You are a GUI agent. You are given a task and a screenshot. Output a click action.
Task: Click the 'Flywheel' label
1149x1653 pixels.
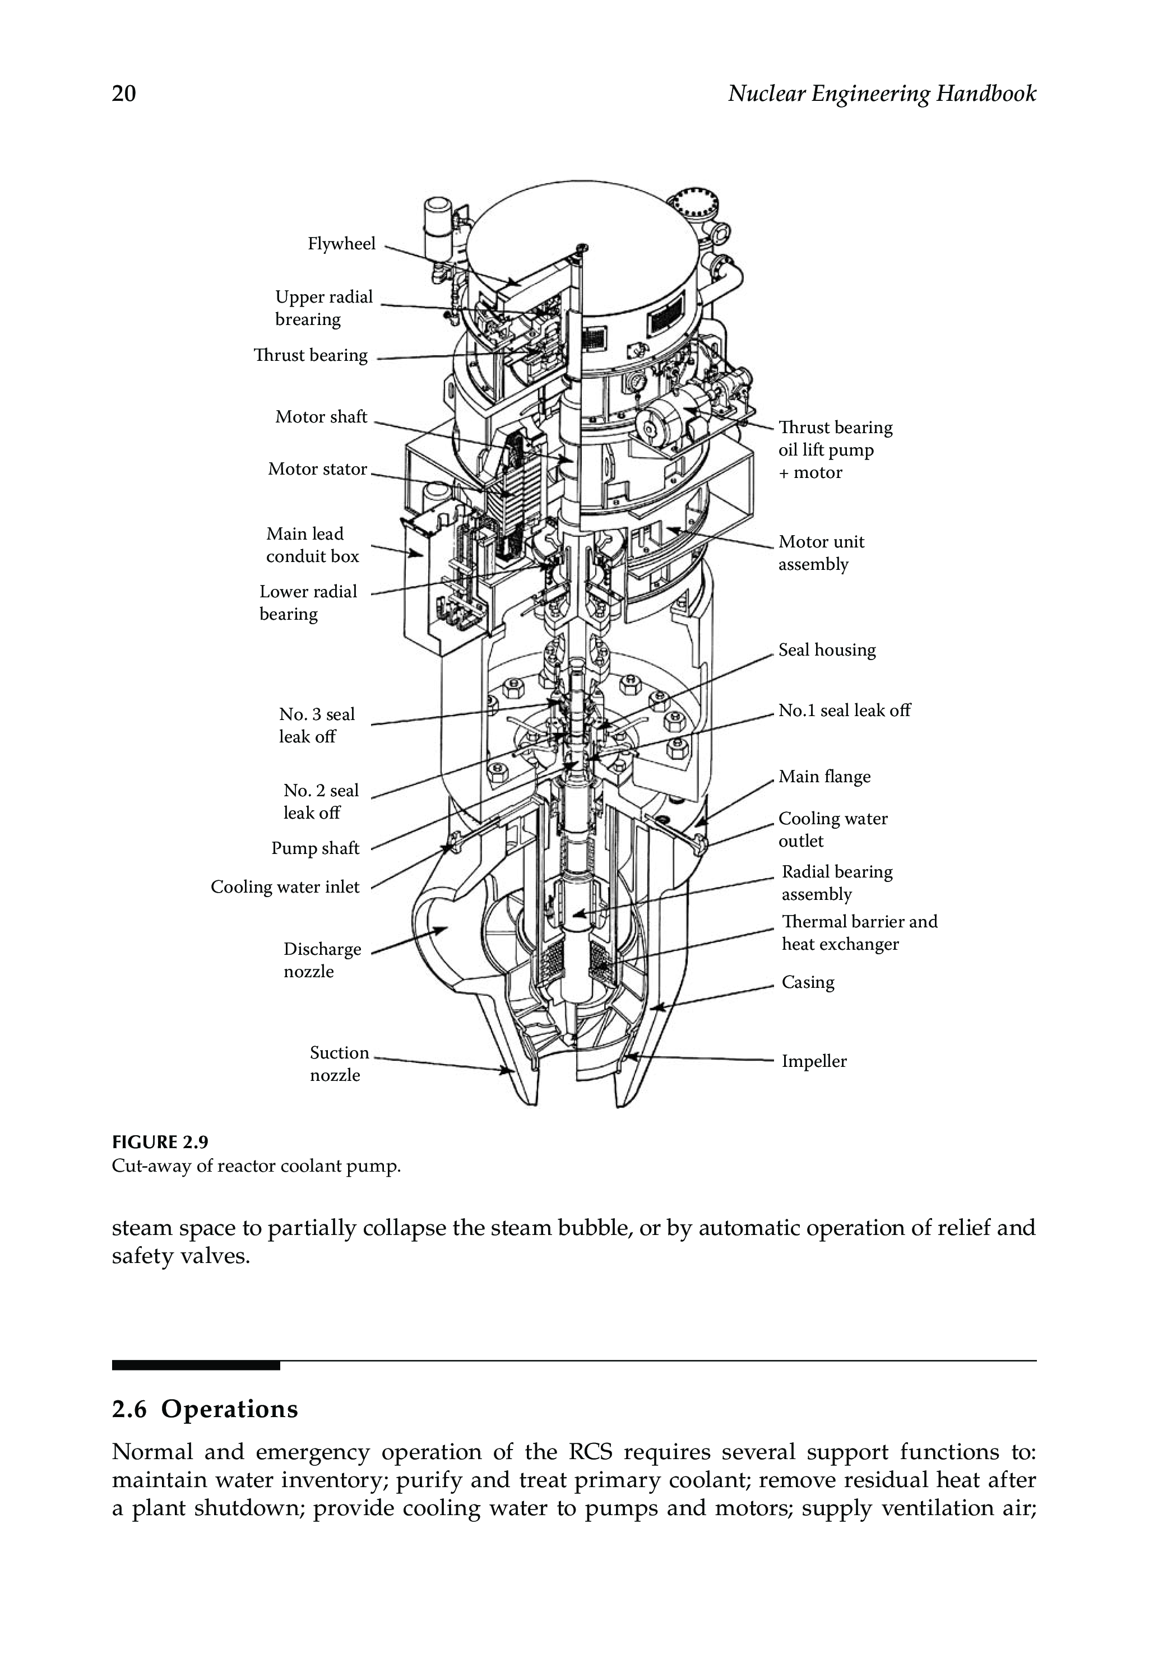tap(341, 244)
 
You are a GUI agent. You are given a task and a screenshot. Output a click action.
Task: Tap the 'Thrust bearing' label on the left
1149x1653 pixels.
tap(311, 355)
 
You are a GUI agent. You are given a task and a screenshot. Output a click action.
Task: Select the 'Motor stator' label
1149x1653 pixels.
tap(317, 469)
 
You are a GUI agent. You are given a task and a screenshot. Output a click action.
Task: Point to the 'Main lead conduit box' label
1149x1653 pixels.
tap(312, 545)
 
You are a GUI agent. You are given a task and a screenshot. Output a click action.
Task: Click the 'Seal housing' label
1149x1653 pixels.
tap(827, 650)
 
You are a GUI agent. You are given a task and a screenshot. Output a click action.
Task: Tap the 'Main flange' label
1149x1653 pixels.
tap(824, 777)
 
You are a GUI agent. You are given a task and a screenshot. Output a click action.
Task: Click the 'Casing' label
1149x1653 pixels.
tap(808, 982)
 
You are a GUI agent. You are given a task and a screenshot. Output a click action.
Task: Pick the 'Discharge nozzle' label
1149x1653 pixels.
tap(321, 960)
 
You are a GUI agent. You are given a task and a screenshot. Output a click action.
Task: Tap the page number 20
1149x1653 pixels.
tap(124, 94)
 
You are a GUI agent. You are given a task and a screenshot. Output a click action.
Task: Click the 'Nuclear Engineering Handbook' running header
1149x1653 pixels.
tap(881, 94)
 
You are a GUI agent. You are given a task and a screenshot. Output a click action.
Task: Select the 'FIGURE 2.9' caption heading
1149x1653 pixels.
tap(160, 1142)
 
